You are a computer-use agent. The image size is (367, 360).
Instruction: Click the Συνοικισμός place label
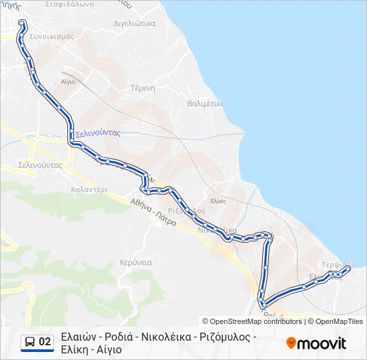pyautogui.click(x=51, y=36)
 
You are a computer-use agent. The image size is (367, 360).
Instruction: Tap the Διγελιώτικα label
pyautogui.click(x=135, y=23)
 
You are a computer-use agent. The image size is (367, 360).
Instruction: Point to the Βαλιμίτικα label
pyautogui.click(x=206, y=103)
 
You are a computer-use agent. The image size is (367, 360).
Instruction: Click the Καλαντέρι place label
pyautogui.click(x=89, y=189)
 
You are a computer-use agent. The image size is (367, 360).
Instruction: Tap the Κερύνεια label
pyautogui.click(x=135, y=262)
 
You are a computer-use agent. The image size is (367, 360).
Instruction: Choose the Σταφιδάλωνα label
pyautogui.click(x=69, y=4)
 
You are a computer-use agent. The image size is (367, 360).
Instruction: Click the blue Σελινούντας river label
pyautogui.click(x=97, y=133)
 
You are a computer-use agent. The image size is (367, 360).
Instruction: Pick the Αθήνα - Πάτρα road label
pyautogui.click(x=153, y=211)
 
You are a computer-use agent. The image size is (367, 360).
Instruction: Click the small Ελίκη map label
pyautogui.click(x=218, y=200)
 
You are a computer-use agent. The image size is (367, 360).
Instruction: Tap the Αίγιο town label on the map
pyautogui.click(x=68, y=80)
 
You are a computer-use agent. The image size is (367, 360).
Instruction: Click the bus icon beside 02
pyautogui.click(x=30, y=342)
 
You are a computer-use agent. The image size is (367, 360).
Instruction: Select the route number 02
pyautogui.click(x=45, y=342)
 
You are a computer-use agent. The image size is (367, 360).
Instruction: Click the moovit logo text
pyautogui.click(x=322, y=343)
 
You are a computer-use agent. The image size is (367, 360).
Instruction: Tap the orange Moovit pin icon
pyautogui.click(x=291, y=343)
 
